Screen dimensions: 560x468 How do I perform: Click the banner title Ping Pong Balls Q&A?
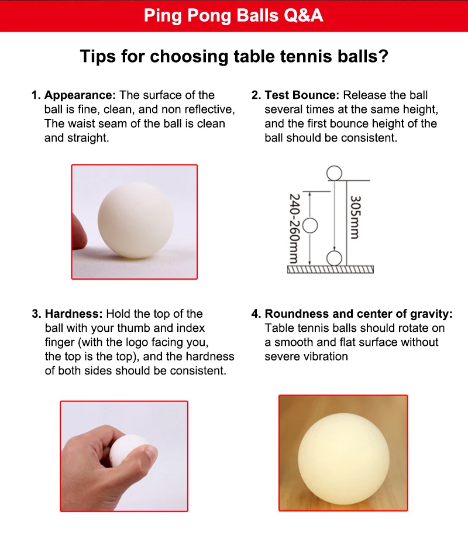point(233,15)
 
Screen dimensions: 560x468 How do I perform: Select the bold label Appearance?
point(80,95)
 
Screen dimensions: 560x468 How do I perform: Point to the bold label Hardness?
point(74,314)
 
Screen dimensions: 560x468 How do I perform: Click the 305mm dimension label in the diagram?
point(355,217)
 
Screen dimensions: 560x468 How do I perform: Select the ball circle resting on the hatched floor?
point(334,258)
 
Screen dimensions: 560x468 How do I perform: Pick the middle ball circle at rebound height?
point(310,225)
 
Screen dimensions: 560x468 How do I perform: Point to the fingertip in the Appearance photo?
point(78,231)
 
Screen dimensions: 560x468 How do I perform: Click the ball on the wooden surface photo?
point(343,454)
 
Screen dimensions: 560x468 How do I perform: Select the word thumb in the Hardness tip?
point(145,328)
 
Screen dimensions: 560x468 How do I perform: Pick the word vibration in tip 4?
point(325,356)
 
